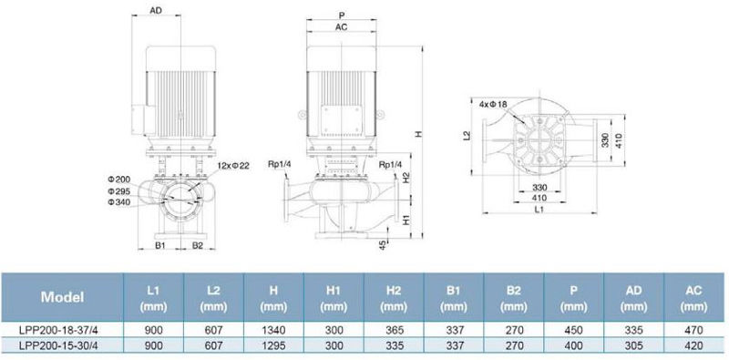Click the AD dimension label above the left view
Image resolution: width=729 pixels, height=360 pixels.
pyautogui.click(x=156, y=10)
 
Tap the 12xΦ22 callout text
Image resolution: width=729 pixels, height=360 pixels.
pyautogui.click(x=233, y=166)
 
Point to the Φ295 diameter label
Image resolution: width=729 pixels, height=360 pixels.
pyautogui.click(x=119, y=190)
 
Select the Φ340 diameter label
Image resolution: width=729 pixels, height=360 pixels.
pyautogui.click(x=119, y=201)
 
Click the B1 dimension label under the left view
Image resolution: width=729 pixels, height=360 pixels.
pyautogui.click(x=160, y=245)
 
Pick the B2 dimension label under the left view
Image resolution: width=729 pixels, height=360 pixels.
pyautogui.click(x=198, y=245)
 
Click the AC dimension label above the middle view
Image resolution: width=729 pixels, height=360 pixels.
pyautogui.click(x=341, y=27)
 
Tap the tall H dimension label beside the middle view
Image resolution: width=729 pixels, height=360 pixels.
pyautogui.click(x=418, y=134)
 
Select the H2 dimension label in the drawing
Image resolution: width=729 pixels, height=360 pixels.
pyautogui.click(x=406, y=178)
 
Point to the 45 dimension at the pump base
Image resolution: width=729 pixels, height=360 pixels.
pyautogui.click(x=383, y=245)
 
